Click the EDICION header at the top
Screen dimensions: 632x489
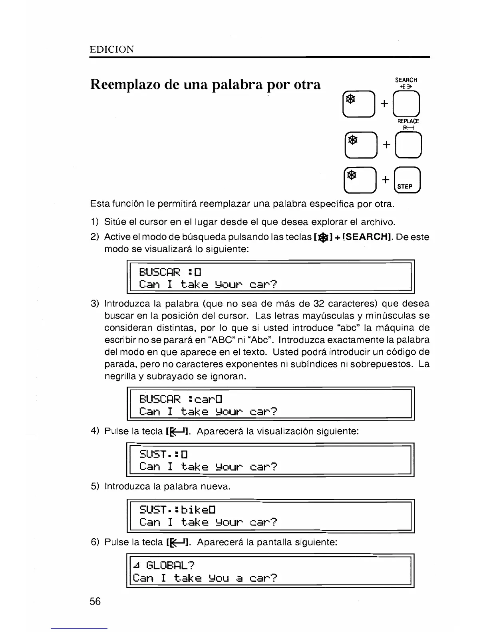click(x=112, y=49)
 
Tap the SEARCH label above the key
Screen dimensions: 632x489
click(x=406, y=80)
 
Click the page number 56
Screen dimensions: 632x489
click(x=95, y=601)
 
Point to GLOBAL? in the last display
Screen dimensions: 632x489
click(x=170, y=565)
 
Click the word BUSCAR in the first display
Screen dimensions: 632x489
click(x=160, y=273)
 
